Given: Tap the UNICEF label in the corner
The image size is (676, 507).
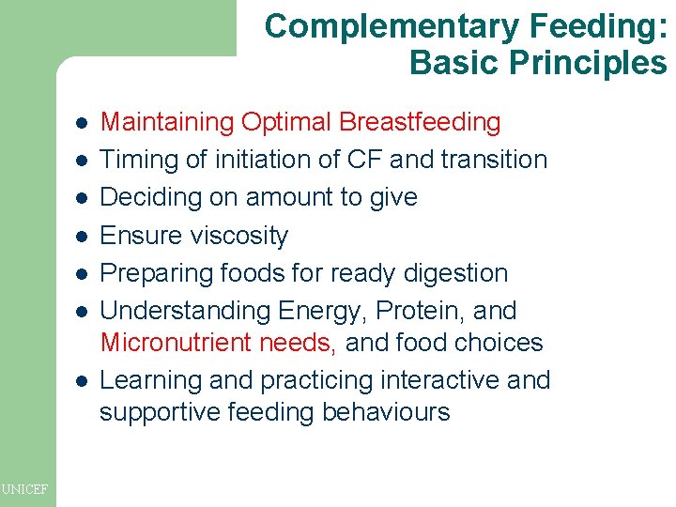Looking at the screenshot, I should [26, 487].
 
